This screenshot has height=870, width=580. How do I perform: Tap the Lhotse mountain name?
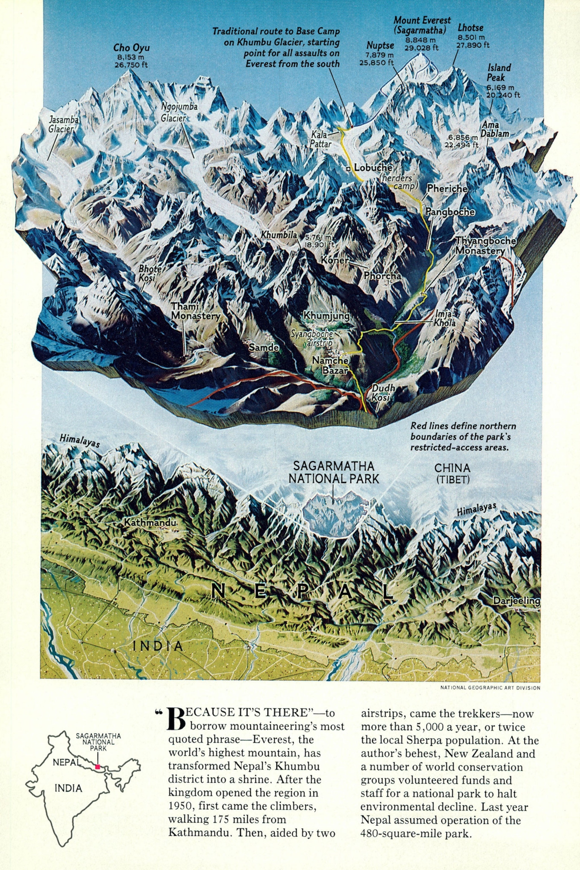[x=470, y=28]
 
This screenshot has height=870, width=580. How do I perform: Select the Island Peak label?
[x=499, y=72]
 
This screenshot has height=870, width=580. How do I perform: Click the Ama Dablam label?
[x=495, y=129]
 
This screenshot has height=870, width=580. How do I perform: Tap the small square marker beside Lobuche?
[x=348, y=169]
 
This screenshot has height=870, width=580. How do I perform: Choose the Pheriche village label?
[x=447, y=188]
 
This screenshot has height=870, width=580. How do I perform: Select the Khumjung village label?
[x=327, y=315]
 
